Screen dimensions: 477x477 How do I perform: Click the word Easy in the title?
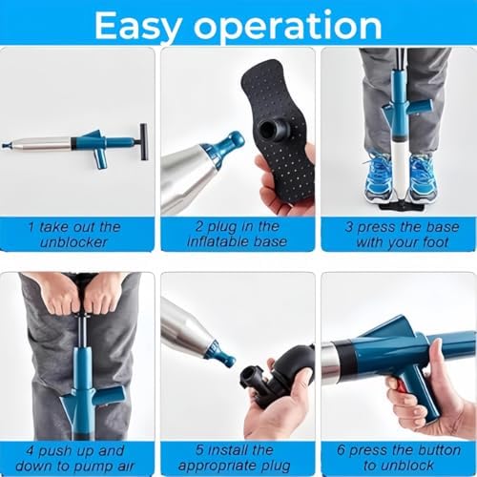tap(138, 26)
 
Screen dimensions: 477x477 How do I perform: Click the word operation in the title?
tap(288, 26)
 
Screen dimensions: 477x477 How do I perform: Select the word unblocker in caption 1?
tap(73, 242)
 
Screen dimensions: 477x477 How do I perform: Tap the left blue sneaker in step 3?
tap(378, 177)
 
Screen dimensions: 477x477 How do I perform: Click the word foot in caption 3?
tap(436, 242)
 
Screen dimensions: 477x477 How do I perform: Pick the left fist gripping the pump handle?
tap(61, 298)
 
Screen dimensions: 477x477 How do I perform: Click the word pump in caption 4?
tap(95, 467)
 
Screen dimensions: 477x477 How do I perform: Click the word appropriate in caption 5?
tap(213, 467)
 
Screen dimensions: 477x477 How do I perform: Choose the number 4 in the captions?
tap(31, 451)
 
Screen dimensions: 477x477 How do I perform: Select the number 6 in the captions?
tap(341, 450)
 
